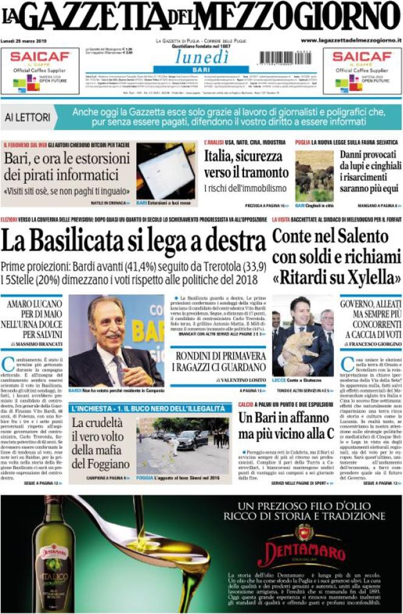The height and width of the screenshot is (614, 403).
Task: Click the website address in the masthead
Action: click(351, 40)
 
